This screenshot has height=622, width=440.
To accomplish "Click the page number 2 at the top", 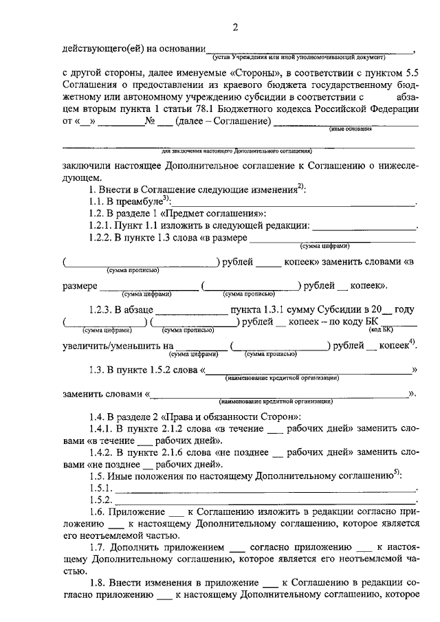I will pyautogui.click(x=235, y=27).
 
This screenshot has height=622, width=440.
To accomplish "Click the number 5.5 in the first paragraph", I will pyautogui.click(x=410, y=71).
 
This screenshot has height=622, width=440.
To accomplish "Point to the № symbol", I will pyautogui.click(x=149, y=122).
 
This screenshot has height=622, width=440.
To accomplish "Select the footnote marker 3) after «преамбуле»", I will pyautogui.click(x=165, y=199).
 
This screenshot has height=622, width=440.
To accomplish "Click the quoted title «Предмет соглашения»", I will pyautogui.click(x=217, y=213).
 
